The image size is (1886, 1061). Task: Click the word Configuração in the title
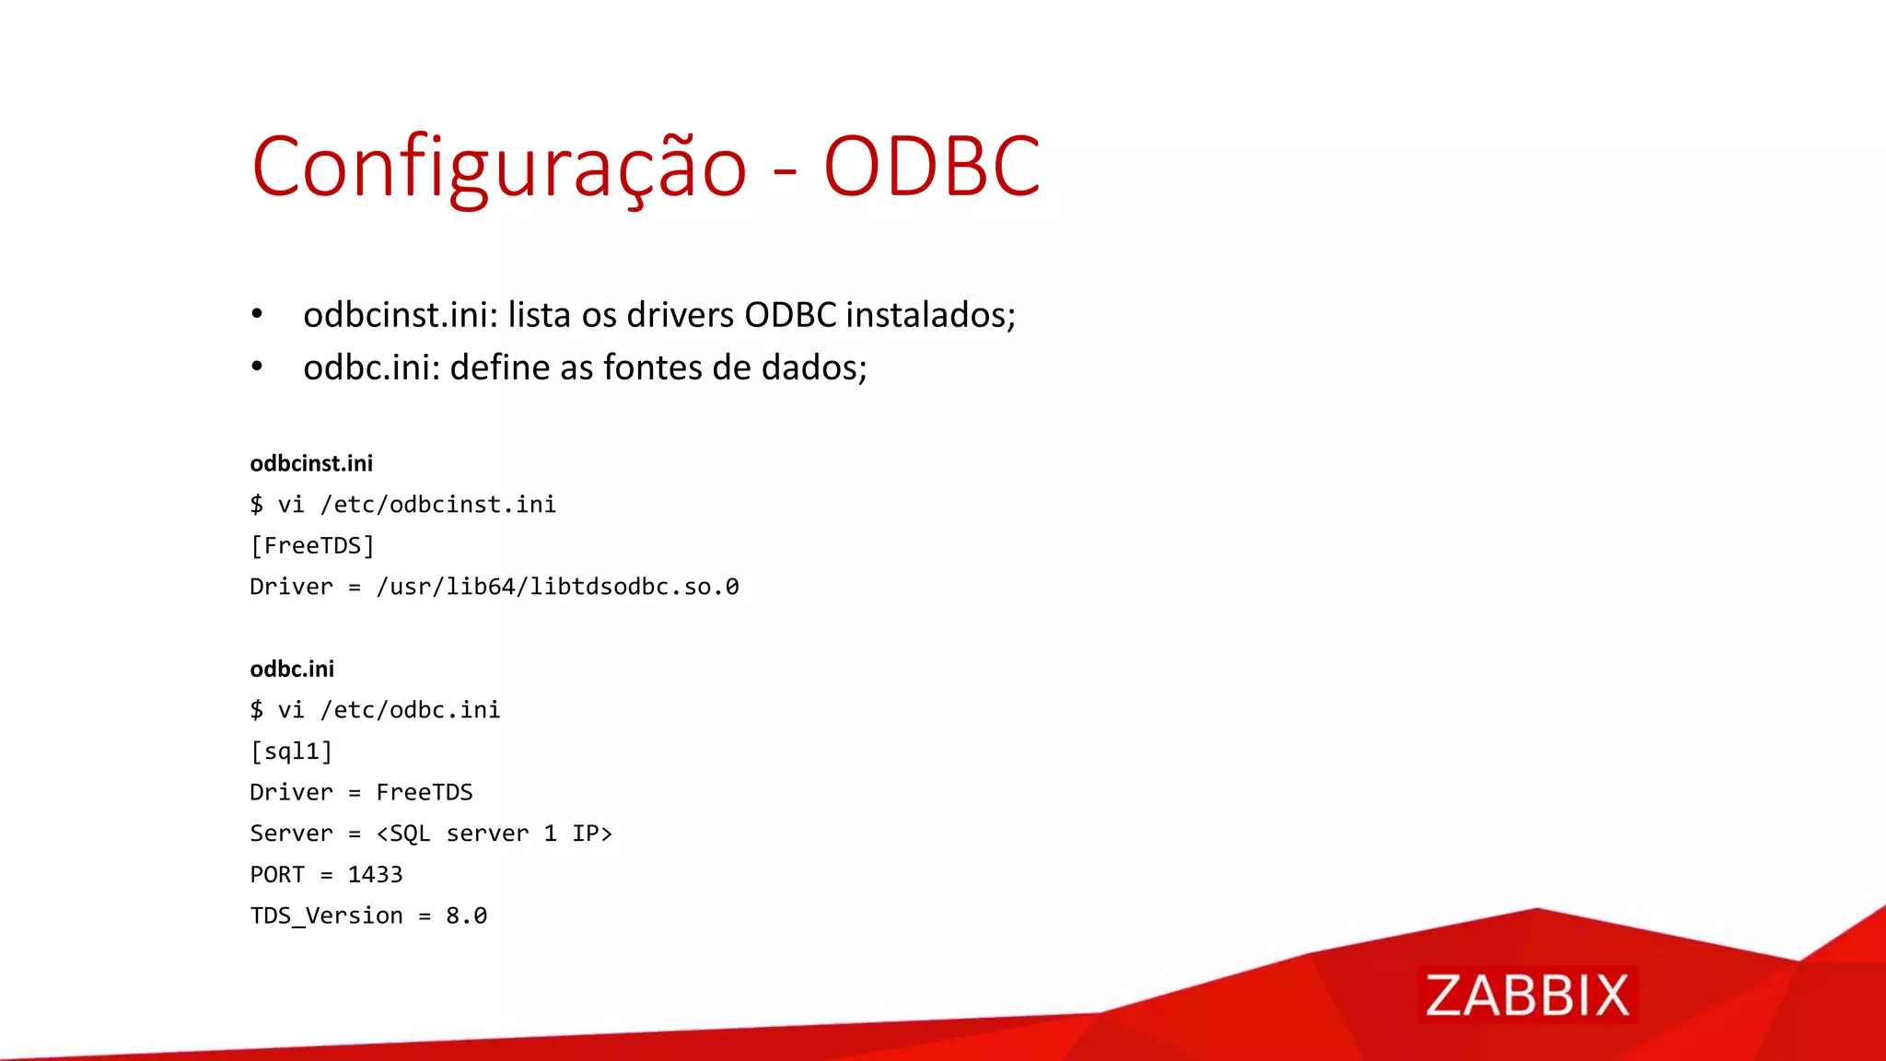click(x=498, y=168)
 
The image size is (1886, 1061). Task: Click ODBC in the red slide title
click(x=931, y=168)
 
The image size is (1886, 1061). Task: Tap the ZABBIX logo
click(x=1527, y=996)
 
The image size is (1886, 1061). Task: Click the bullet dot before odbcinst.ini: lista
click(x=257, y=315)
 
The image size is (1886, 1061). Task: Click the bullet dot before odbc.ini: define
click(x=257, y=367)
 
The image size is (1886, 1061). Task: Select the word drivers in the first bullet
click(x=681, y=315)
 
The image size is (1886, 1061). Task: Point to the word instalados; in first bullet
click(x=930, y=315)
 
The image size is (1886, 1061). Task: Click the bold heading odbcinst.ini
click(x=311, y=463)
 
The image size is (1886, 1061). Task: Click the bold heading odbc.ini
click(x=292, y=669)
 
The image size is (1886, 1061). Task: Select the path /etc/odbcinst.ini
click(x=438, y=505)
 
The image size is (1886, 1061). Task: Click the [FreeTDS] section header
click(x=312, y=546)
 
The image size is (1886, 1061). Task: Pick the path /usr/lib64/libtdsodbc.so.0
click(x=557, y=587)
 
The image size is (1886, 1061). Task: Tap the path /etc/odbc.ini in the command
click(x=410, y=710)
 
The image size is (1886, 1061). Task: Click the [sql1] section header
click(x=291, y=752)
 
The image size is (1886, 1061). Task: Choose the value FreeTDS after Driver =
click(x=425, y=792)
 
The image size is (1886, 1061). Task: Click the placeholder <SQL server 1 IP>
click(x=495, y=834)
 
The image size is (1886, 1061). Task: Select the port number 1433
click(x=375, y=875)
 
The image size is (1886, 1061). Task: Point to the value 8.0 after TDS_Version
click(x=467, y=915)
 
